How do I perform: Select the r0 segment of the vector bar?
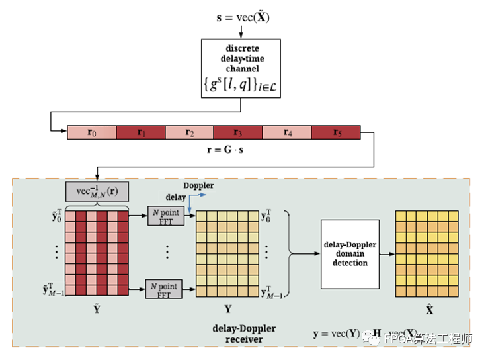tap(92, 132)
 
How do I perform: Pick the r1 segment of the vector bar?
tap(140, 132)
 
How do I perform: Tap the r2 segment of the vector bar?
tap(189, 132)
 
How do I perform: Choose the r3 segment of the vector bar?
tap(238, 132)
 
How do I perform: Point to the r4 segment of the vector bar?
tap(286, 132)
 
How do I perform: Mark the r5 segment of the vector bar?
tap(335, 132)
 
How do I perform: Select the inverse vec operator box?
tap(97, 192)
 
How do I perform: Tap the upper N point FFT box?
tap(165, 216)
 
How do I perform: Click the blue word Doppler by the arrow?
tap(198, 185)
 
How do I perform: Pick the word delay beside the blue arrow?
tap(175, 197)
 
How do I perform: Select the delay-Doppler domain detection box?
tap(350, 253)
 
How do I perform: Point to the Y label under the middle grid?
tap(228, 309)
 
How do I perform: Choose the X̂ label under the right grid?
tap(429, 309)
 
